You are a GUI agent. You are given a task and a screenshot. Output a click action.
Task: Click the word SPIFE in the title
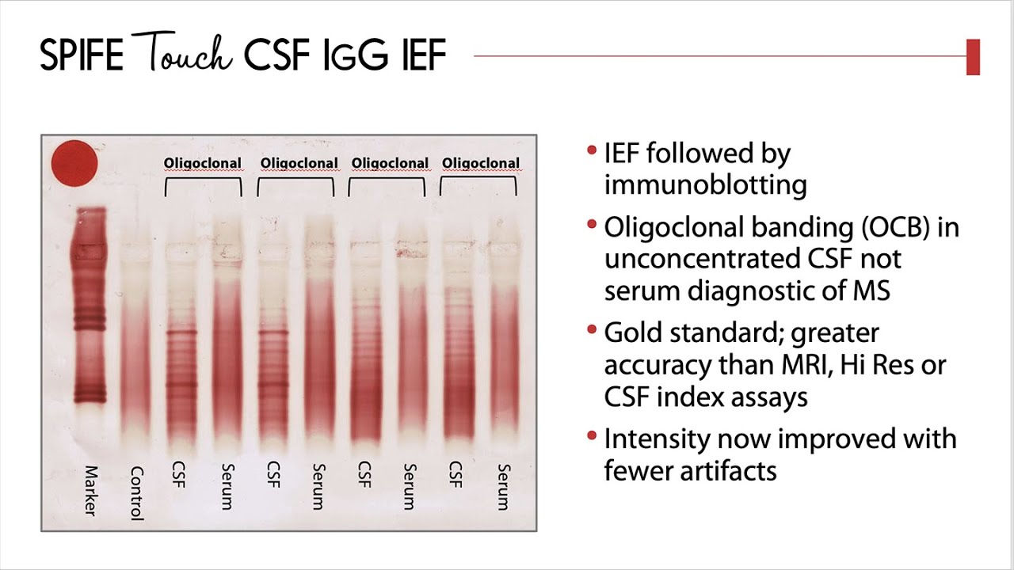pyautogui.click(x=82, y=55)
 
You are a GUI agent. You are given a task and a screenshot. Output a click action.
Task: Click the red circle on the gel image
pyautogui.click(x=74, y=164)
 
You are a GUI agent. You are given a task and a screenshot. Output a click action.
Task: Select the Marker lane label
pyautogui.click(x=91, y=491)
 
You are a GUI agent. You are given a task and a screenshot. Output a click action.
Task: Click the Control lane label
pyautogui.click(x=137, y=493)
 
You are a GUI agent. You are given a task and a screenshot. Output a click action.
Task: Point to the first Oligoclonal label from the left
pyautogui.click(x=202, y=163)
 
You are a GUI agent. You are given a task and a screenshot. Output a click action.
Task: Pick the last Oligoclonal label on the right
pyautogui.click(x=481, y=163)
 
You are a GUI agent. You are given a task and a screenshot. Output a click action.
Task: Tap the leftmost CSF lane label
pyautogui.click(x=179, y=474)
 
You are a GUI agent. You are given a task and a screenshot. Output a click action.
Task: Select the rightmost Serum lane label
pyautogui.click(x=504, y=487)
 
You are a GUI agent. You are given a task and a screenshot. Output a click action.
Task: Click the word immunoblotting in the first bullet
pyautogui.click(x=705, y=185)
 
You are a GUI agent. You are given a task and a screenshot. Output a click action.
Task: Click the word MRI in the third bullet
pyautogui.click(x=807, y=366)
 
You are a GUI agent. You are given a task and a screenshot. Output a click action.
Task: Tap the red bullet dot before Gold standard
pyautogui.click(x=592, y=329)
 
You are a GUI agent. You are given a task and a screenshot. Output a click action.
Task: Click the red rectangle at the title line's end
pyautogui.click(x=973, y=57)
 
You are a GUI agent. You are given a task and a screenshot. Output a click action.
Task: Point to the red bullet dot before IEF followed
pyautogui.click(x=592, y=150)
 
